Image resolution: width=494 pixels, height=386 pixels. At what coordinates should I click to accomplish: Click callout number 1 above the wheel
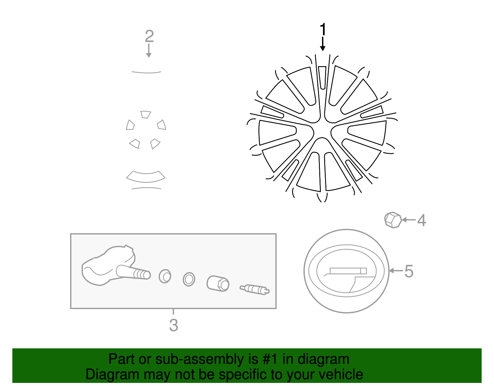(x=323, y=30)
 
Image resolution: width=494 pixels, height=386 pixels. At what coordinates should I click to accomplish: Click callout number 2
(x=149, y=36)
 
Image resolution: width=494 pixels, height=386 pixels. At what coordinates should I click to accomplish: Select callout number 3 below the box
(x=174, y=325)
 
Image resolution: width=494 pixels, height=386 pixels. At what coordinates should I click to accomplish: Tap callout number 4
(x=421, y=220)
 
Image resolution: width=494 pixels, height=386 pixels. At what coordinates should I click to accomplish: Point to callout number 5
(x=409, y=271)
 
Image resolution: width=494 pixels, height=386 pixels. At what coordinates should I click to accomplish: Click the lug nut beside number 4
(x=393, y=220)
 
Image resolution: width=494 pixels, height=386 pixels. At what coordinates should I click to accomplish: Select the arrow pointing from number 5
(x=396, y=271)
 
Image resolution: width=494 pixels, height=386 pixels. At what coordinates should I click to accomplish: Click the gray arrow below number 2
(x=149, y=51)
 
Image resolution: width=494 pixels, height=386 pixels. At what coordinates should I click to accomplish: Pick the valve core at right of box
(x=254, y=289)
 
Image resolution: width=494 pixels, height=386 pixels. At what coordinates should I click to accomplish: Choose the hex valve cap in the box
(x=218, y=283)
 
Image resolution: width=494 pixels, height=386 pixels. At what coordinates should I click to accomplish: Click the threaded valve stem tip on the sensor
(x=142, y=274)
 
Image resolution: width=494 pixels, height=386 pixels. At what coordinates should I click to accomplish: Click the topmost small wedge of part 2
(x=145, y=114)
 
